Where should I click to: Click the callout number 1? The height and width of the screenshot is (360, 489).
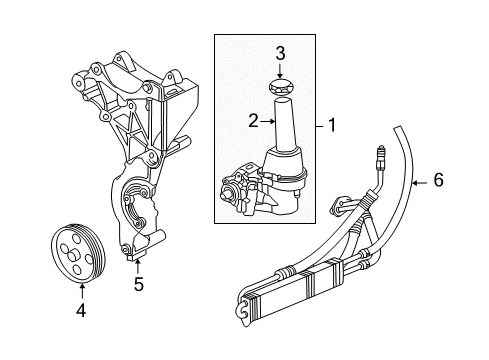coord(333,127)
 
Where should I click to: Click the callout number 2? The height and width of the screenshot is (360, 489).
coord(254,121)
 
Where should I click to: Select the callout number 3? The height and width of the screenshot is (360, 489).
coord(282,53)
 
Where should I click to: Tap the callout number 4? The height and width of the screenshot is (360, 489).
coord(82,310)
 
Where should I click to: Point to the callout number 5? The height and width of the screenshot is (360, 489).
coord(139,284)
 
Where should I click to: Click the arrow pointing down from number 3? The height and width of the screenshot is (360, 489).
coord(282,72)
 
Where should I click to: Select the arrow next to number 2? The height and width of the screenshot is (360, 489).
coord(267,121)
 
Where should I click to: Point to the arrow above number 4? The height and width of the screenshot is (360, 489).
coord(82,291)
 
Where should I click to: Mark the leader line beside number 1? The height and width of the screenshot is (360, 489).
coord(319,127)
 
